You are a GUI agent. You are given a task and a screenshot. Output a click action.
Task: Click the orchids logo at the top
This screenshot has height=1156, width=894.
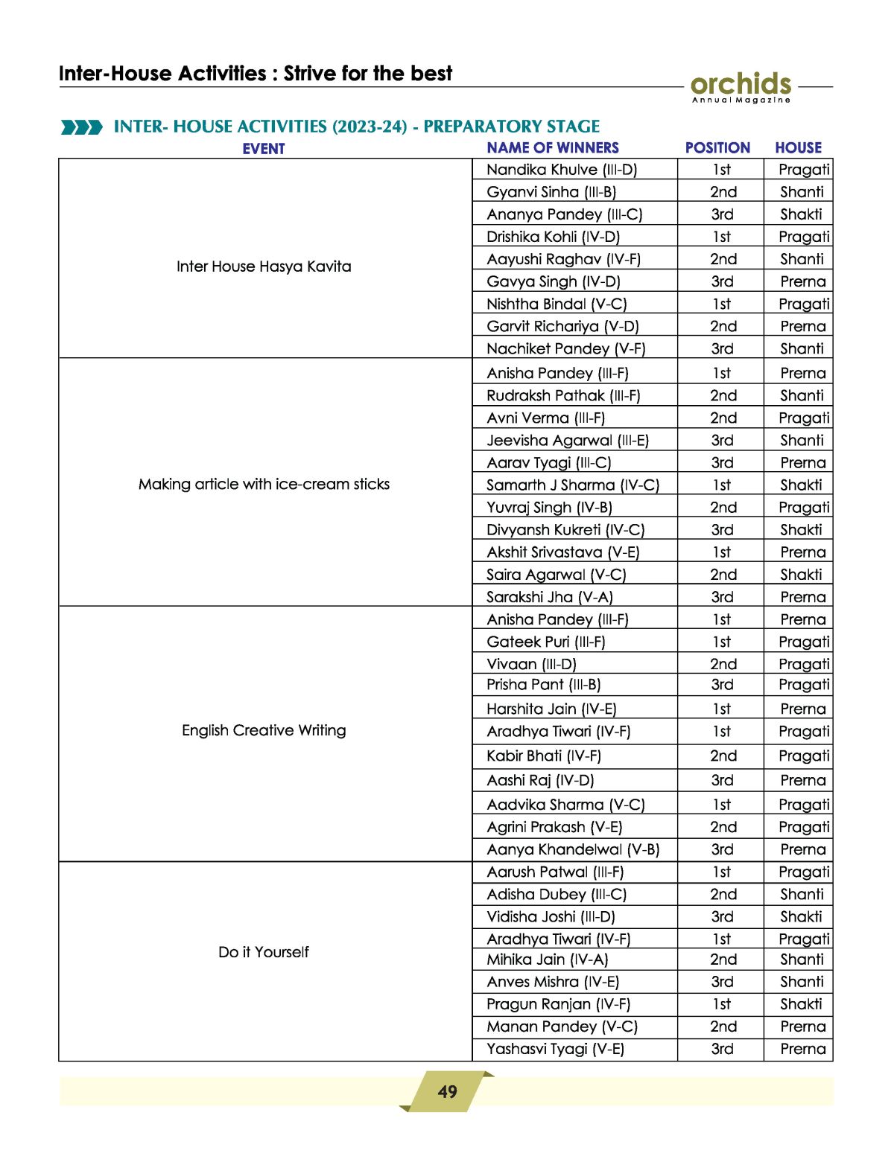(x=741, y=86)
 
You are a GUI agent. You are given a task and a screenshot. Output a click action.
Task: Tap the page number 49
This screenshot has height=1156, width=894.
(x=447, y=1091)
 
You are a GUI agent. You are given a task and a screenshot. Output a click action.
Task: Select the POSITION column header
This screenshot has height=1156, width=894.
(x=717, y=147)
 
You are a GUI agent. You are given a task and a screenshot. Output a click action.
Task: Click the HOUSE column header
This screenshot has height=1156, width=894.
(x=798, y=147)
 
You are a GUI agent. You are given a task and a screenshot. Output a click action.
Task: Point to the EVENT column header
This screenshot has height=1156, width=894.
(x=264, y=148)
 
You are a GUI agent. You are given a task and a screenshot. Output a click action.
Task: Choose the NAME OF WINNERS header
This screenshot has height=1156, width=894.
(x=553, y=147)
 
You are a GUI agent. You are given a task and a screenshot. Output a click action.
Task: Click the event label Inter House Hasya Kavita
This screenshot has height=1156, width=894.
(x=264, y=266)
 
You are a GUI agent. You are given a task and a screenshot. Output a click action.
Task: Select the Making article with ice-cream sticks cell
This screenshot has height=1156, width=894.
(x=264, y=484)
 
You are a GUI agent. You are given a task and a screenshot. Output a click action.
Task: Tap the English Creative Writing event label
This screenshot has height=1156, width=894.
(x=264, y=730)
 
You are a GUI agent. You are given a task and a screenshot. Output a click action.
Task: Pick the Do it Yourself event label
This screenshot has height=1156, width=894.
(x=264, y=952)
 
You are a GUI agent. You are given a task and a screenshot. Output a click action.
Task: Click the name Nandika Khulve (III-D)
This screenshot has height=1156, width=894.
(x=562, y=170)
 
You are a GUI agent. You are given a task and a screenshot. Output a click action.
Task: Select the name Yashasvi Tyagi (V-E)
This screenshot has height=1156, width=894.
(x=555, y=1049)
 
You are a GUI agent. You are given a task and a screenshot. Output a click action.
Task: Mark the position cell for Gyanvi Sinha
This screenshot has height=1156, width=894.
(x=723, y=192)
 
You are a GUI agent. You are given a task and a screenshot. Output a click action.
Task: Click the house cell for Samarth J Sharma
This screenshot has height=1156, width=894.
(x=801, y=485)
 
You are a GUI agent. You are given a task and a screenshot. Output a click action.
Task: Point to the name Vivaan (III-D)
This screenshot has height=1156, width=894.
(x=531, y=664)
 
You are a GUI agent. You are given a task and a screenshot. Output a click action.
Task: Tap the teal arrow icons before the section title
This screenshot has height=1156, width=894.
(x=81, y=127)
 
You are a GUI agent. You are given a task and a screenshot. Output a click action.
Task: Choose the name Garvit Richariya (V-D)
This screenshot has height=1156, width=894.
(x=562, y=326)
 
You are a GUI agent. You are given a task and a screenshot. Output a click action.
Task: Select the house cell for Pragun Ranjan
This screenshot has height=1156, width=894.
(x=801, y=1004)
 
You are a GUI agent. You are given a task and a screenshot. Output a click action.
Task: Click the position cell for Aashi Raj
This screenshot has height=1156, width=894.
(x=722, y=780)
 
